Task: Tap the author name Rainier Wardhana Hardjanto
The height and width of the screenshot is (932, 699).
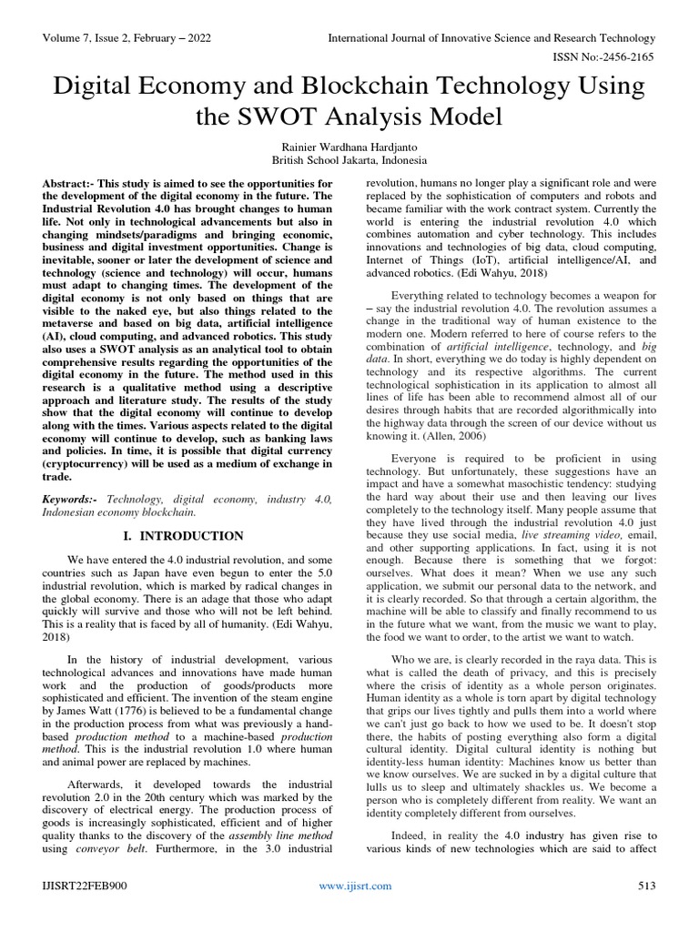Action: click(x=349, y=146)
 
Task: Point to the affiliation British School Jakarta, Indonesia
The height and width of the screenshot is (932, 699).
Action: click(x=349, y=160)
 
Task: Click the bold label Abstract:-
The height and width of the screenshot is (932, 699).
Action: click(x=72, y=184)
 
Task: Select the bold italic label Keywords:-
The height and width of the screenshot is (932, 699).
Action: click(x=71, y=500)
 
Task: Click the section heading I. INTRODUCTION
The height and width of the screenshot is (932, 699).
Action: click(x=186, y=536)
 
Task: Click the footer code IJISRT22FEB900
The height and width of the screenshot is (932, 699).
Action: click(x=83, y=886)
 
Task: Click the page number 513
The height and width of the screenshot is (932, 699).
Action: click(x=645, y=886)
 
